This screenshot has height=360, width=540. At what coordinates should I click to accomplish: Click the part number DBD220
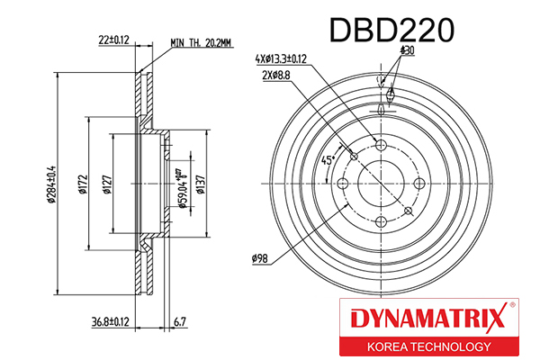pyautogui.click(x=391, y=31)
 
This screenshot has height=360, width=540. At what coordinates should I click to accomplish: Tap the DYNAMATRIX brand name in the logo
pyautogui.click(x=428, y=319)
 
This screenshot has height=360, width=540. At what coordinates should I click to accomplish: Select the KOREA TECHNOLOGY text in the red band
pyautogui.click(x=429, y=346)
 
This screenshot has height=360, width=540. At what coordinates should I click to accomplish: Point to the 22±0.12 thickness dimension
pyautogui.click(x=113, y=40)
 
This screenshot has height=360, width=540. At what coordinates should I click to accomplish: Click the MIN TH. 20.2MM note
pyautogui.click(x=201, y=43)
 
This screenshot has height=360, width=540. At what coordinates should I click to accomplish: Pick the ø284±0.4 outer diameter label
pyautogui.click(x=51, y=184)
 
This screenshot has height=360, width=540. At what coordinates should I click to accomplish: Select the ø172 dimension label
pyautogui.click(x=83, y=184)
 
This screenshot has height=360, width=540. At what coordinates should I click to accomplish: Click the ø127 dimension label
pyautogui.click(x=107, y=184)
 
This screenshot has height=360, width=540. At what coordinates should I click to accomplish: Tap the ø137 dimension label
pyautogui.click(x=200, y=184)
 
